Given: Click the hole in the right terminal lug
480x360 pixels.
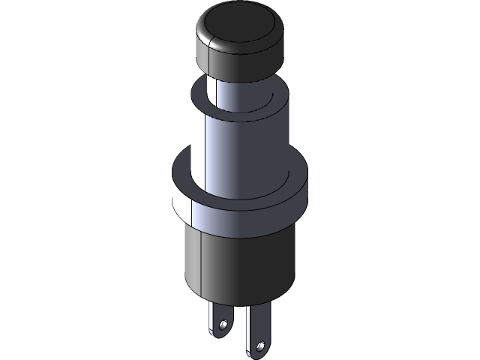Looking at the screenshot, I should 260,346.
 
